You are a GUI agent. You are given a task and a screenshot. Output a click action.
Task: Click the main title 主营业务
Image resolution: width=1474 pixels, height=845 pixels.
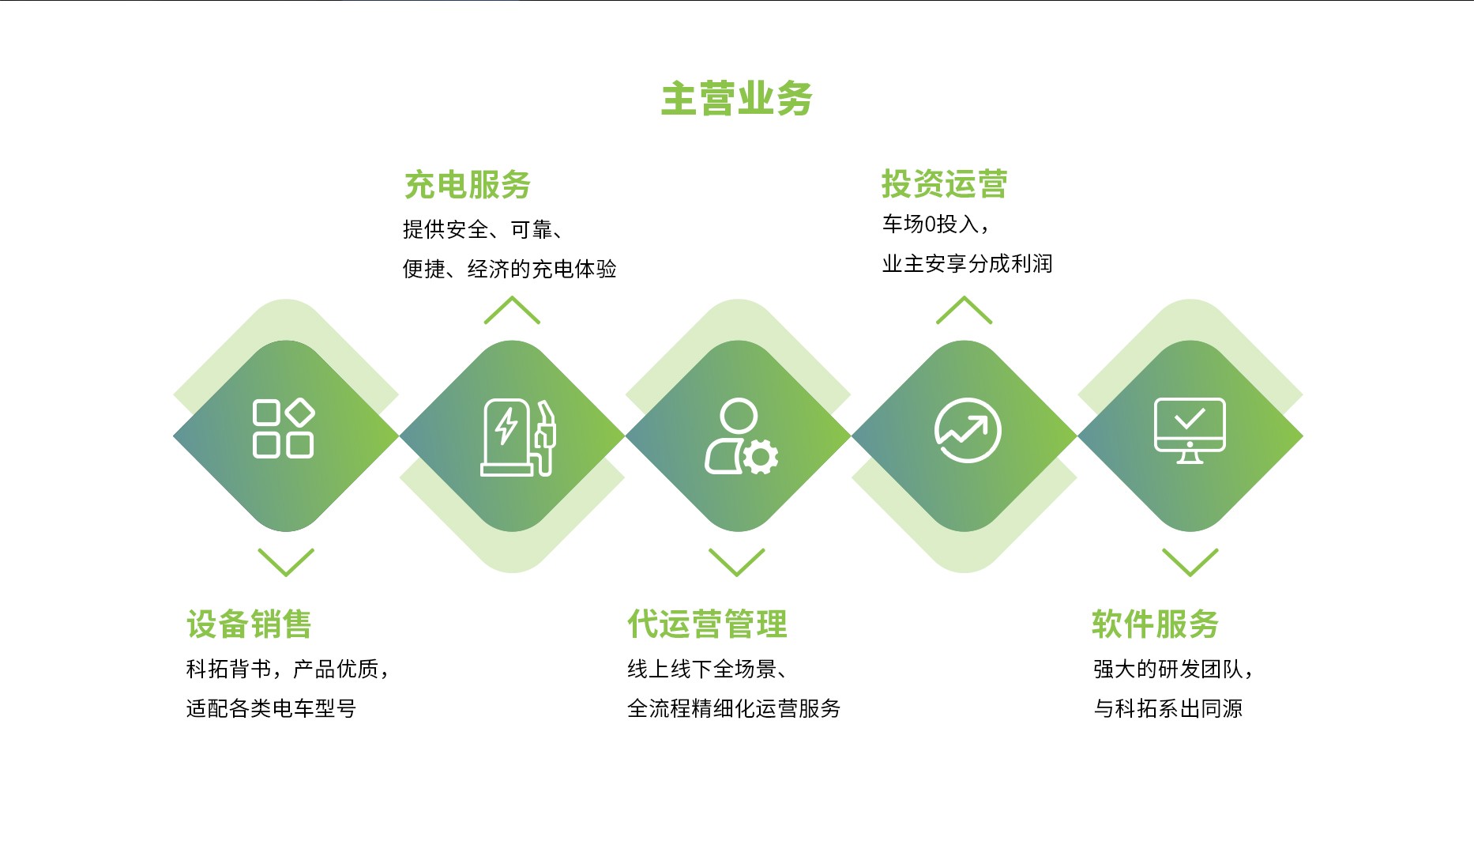736,99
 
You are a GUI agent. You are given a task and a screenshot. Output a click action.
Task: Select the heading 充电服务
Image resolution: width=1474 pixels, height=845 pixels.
467,185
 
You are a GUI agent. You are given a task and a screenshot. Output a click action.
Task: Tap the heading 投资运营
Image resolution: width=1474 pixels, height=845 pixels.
944,184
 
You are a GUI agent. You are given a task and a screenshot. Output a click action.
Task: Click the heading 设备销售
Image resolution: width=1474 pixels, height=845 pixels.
249,624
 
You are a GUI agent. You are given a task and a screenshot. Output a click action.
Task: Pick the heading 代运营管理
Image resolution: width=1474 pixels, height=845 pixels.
707,624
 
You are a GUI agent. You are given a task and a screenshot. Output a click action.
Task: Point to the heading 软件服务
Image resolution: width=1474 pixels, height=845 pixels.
1155,624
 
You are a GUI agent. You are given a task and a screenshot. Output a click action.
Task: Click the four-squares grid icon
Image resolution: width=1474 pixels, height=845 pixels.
284,428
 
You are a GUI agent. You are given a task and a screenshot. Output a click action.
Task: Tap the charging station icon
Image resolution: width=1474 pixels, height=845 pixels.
518,437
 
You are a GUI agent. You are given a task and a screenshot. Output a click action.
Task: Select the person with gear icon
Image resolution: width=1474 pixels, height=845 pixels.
741,436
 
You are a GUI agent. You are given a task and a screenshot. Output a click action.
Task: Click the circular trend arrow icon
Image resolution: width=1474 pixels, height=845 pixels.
968,431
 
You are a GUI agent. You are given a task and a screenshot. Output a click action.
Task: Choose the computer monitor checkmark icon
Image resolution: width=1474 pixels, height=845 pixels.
1190,430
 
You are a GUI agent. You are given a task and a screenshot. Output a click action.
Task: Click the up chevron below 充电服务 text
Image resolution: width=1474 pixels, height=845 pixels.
512,310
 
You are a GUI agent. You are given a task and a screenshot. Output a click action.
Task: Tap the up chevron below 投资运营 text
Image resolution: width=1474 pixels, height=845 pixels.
964,310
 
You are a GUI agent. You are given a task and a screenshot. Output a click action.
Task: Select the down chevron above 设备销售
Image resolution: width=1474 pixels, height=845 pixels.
286,562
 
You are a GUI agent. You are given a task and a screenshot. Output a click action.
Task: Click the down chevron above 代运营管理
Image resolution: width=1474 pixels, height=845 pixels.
737,562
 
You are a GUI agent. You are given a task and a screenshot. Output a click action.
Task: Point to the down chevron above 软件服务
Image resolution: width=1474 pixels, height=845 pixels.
1190,562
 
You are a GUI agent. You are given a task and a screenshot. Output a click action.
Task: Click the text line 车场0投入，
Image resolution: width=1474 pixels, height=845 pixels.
936,224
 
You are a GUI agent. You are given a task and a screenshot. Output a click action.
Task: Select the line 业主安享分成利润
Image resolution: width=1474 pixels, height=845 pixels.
967,264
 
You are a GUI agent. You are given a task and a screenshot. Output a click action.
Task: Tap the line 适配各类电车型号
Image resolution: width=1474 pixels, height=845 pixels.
271,708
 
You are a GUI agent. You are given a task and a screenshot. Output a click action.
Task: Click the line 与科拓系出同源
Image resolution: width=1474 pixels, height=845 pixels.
1168,708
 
